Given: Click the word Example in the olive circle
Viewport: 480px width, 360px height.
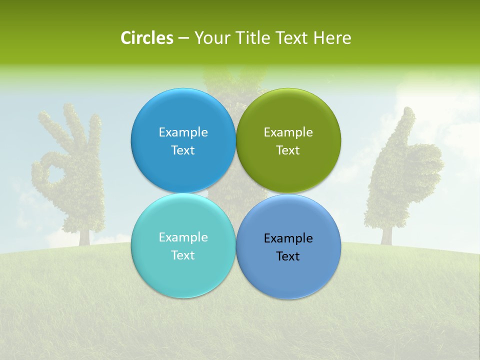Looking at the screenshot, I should [288, 132].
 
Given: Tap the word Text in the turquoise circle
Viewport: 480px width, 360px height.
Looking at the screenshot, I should [183, 255].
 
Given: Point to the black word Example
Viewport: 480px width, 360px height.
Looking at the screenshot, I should [288, 238].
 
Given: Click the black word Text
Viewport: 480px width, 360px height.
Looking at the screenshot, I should [288, 256].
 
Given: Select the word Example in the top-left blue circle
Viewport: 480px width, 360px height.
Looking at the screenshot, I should [183, 132].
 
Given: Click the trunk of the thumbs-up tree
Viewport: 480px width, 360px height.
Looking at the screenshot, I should [386, 235].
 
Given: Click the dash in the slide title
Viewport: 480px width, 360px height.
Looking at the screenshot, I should [183, 38].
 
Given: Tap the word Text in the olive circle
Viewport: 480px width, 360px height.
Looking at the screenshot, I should [288, 150].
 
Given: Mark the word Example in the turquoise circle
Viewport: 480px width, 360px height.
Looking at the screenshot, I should [183, 237].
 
